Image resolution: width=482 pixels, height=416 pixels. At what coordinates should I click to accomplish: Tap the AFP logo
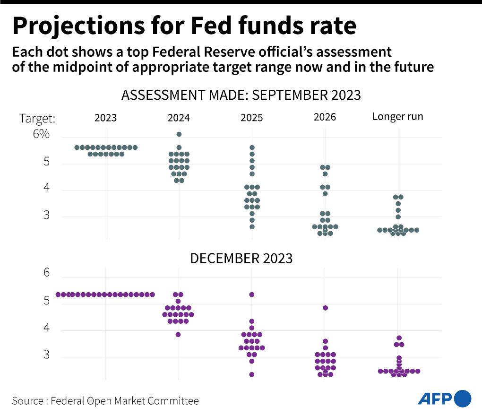click(444, 398)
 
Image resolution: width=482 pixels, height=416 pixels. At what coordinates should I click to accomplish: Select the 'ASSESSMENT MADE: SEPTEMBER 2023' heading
click(241, 95)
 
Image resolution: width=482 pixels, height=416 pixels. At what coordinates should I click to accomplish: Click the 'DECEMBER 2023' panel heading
click(241, 258)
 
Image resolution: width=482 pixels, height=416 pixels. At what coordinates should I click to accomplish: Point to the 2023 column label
click(105, 117)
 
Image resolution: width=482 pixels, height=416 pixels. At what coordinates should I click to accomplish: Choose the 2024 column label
click(179, 117)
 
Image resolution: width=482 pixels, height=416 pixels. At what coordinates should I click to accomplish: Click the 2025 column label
click(251, 117)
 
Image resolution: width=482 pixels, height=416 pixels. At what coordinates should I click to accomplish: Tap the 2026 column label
click(325, 117)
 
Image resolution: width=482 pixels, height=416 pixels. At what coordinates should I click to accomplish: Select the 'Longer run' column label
click(397, 116)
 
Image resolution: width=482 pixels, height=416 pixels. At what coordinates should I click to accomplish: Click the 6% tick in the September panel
click(41, 134)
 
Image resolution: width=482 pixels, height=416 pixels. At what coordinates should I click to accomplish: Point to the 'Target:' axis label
click(37, 118)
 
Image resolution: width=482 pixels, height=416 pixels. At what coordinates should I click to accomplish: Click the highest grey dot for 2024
click(179, 134)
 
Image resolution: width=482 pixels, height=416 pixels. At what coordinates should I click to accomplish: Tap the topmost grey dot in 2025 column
click(252, 147)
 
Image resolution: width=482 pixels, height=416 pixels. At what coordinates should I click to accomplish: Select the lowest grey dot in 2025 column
click(252, 227)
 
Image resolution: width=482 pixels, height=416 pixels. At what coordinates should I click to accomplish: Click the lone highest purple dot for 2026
click(325, 308)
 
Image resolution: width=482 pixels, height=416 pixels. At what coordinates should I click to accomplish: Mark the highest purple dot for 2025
click(252, 295)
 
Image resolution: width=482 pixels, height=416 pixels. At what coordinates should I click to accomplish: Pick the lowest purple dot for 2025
click(252, 374)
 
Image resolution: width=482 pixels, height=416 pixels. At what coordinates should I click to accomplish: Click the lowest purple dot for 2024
click(179, 334)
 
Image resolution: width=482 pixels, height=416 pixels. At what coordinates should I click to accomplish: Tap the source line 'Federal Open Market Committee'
click(125, 401)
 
